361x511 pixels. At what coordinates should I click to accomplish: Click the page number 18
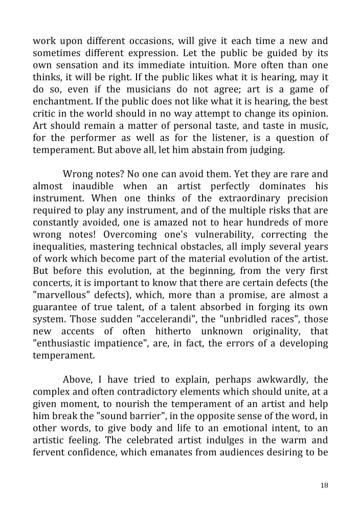tap(324, 485)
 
